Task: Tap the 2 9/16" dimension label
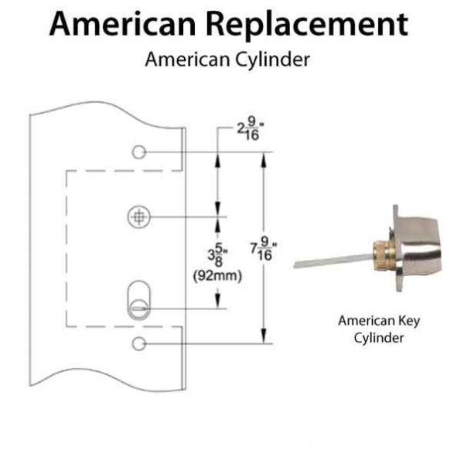(x=247, y=132)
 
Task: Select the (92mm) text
(x=217, y=275)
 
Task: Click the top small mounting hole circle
(x=138, y=152)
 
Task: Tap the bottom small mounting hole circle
(x=138, y=342)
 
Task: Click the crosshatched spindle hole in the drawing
(x=138, y=217)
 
